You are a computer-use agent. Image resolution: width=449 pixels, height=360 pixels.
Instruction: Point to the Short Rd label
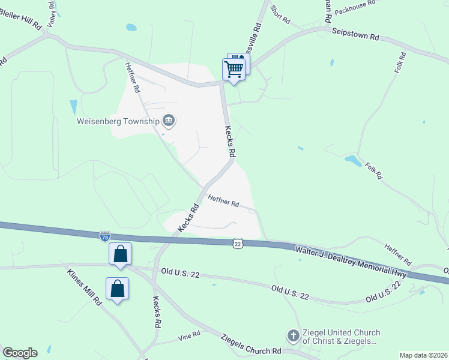tap(280, 15)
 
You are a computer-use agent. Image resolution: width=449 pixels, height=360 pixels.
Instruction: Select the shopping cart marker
tap(234, 69)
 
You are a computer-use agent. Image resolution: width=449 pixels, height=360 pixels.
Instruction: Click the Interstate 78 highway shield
tap(105, 236)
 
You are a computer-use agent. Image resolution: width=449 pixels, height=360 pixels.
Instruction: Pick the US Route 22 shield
tap(238, 243)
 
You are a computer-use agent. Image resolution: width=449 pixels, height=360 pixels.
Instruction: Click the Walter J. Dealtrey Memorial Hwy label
tap(351, 261)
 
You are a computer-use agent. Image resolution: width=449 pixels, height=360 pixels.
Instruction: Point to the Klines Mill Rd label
tap(83, 286)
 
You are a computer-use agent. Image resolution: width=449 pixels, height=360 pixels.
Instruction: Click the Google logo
tap(20, 353)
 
